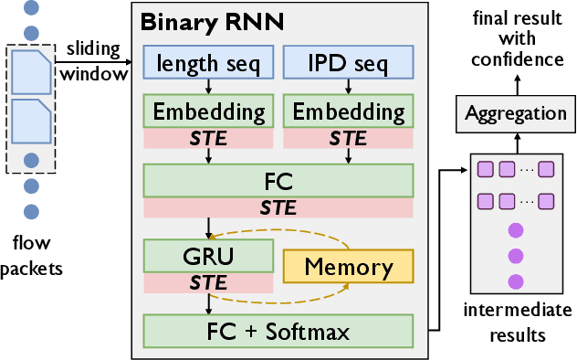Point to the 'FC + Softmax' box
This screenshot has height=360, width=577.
pyautogui.click(x=278, y=330)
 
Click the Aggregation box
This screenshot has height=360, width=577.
pyautogui.click(x=516, y=113)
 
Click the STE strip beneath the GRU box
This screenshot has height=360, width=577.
pyautogui.click(x=208, y=283)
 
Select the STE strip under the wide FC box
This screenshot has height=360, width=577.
pyautogui.click(x=278, y=207)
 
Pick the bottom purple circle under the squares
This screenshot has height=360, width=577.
pyautogui.click(x=516, y=281)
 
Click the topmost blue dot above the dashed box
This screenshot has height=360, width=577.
pyautogui.click(x=32, y=9)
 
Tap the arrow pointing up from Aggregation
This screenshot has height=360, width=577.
pyautogui.click(x=516, y=84)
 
